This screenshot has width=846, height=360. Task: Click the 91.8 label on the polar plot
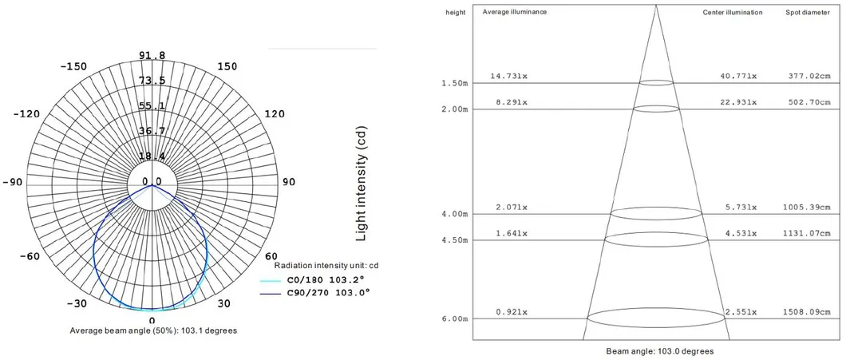pos(152,55)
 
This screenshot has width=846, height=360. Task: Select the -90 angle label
pos(13,182)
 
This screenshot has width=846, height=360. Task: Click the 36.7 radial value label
pos(152,131)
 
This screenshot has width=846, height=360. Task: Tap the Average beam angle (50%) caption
pos(153,330)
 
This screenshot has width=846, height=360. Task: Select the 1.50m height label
pos(454,83)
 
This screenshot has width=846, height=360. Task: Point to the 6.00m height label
pos(454,319)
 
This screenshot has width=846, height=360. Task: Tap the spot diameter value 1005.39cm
pos(807,207)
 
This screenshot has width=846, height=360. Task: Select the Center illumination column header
pos(732,13)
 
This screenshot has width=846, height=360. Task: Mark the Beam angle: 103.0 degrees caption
pos(659,351)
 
